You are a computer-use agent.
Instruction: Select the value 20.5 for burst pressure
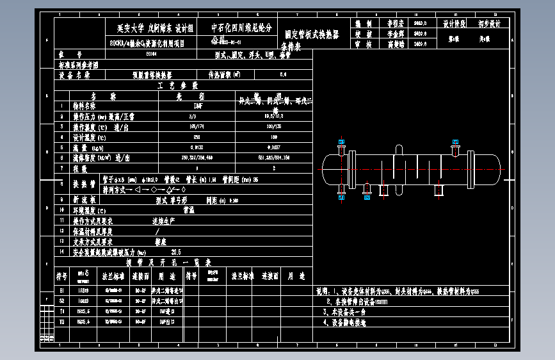pos(177,252)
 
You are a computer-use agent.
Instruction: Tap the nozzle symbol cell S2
pos(62,300)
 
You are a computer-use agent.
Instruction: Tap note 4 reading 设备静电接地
pos(349,322)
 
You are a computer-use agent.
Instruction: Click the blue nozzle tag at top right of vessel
pos(456,142)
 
